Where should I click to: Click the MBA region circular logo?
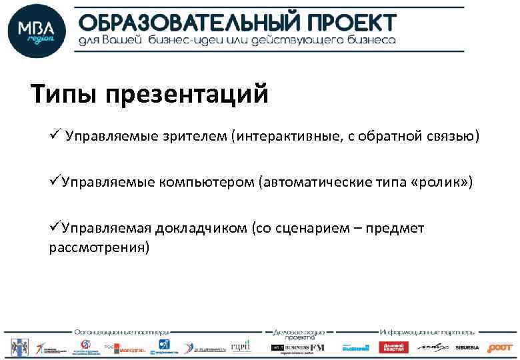point(36,32)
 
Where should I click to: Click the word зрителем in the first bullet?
point(197,137)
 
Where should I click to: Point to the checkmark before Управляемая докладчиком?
point(55,228)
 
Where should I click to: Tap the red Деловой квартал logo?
point(393,347)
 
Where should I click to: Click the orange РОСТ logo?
point(499,347)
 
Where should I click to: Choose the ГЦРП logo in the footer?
point(239,347)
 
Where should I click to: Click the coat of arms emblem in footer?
point(17,347)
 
